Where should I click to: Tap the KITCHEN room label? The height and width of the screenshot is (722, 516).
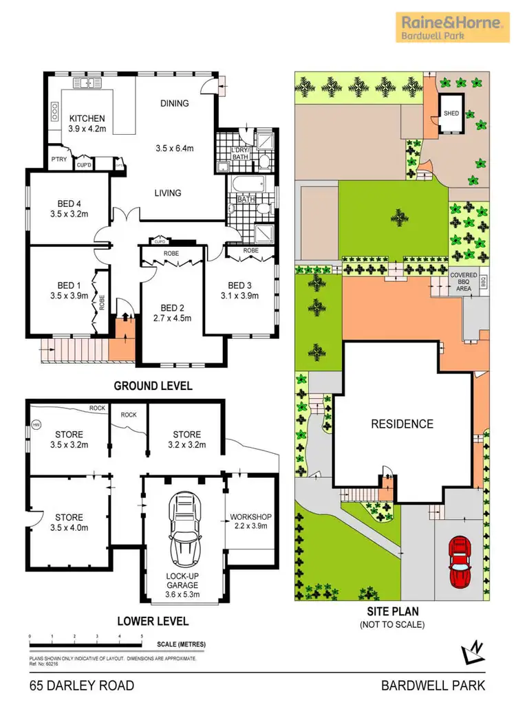coord(86,118)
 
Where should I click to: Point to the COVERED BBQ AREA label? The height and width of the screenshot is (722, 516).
coord(463,283)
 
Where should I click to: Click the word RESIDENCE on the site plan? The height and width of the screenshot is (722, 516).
coord(402,424)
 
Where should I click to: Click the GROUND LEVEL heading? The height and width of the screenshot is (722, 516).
coord(153,385)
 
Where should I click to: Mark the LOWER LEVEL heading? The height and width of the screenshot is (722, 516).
coord(153,621)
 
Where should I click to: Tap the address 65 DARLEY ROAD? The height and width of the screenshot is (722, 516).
coord(82,686)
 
